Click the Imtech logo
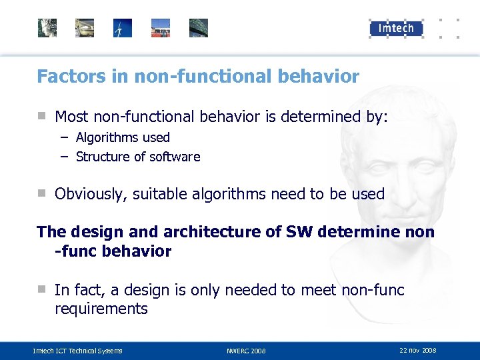[x=396, y=27]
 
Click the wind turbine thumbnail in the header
[x=123, y=28]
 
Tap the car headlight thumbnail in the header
[x=85, y=28]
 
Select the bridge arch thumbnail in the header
[x=199, y=28]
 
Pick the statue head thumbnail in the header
[x=47, y=28]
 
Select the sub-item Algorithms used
[x=123, y=137]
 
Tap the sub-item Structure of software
[x=138, y=157]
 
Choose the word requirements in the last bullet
[x=101, y=309]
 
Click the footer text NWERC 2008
[x=246, y=351]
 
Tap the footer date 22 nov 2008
[x=418, y=350]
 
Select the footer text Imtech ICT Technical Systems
[x=78, y=351]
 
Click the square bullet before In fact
[x=41, y=289]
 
